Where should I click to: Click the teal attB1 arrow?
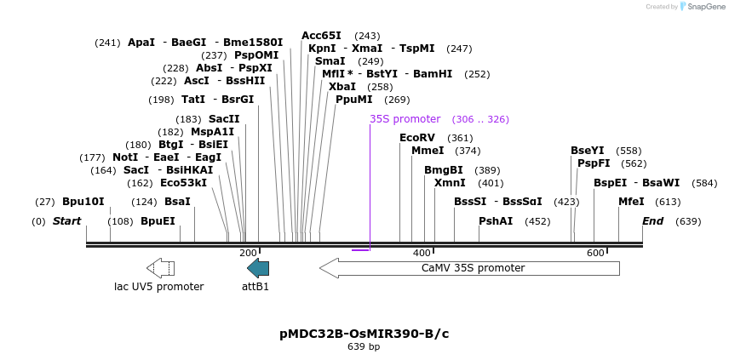click(258, 268)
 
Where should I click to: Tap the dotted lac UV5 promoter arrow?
click(160, 268)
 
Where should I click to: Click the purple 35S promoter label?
click(405, 119)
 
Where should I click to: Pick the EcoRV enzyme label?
click(416, 138)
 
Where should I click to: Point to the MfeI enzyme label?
click(631, 202)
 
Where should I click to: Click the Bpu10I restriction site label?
click(83, 202)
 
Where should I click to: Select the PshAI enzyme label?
click(496, 221)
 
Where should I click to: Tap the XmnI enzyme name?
click(450, 183)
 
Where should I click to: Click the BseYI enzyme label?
click(587, 151)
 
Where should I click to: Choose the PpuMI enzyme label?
click(353, 100)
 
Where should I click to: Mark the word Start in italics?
click(66, 221)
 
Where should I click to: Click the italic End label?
click(652, 221)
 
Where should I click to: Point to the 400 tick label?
click(422, 253)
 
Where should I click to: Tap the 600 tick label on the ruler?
click(594, 253)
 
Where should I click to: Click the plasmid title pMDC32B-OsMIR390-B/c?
click(364, 334)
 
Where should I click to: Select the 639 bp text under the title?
click(364, 347)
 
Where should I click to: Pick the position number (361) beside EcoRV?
click(460, 138)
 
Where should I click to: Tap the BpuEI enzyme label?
click(158, 221)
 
